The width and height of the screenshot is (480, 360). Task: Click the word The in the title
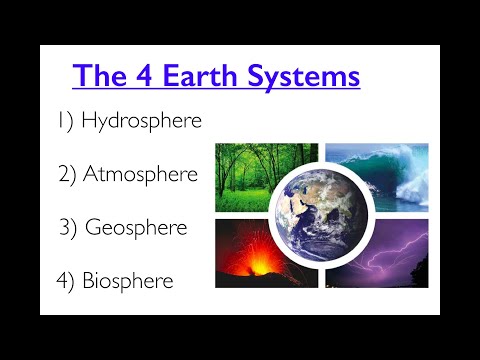coord(100,75)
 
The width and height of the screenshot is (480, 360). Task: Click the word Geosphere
coord(150,227)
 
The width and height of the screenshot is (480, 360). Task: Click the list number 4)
coord(66,281)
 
